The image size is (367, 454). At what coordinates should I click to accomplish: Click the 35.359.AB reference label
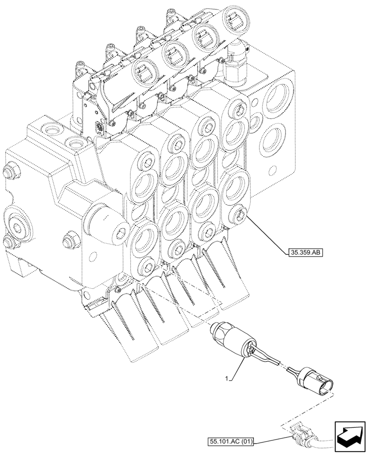304,253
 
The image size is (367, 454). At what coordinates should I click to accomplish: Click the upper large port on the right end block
275,99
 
